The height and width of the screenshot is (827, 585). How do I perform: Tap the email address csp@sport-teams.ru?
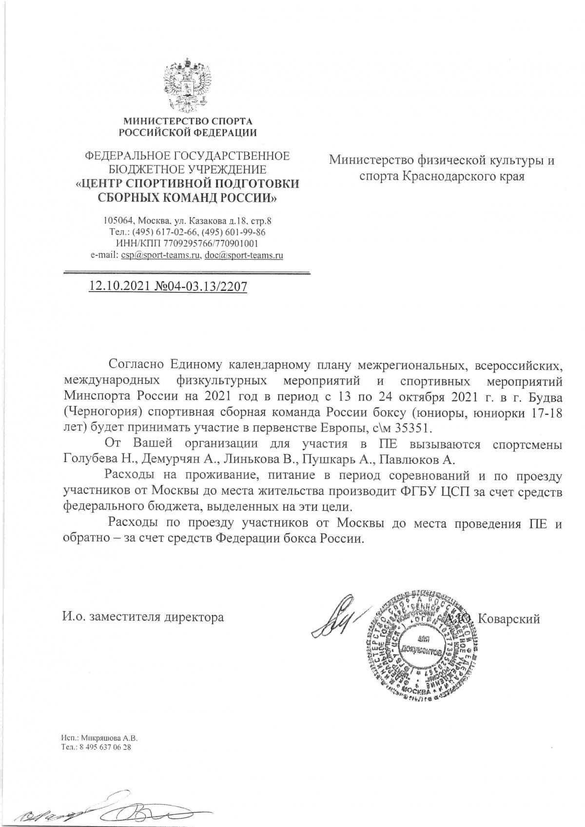161,255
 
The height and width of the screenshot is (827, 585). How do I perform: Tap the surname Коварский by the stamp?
509,618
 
